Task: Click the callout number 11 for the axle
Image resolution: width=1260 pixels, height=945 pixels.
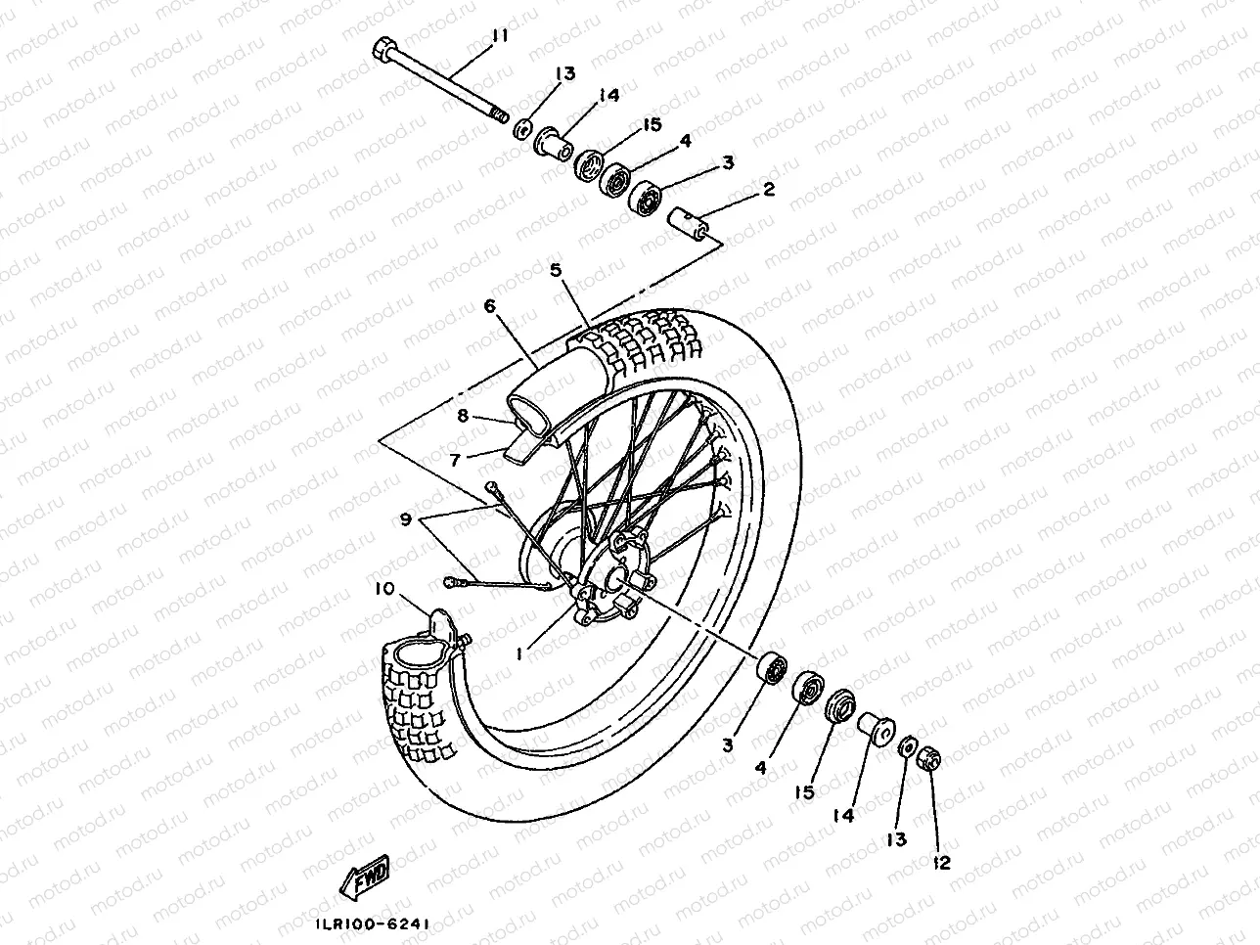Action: (x=500, y=37)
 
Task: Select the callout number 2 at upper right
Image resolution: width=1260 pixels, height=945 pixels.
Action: (x=768, y=190)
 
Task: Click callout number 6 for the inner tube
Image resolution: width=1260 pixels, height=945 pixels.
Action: (x=489, y=306)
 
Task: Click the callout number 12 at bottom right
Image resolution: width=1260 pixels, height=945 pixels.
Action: (x=943, y=863)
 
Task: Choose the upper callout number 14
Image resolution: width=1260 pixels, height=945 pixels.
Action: (x=609, y=96)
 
